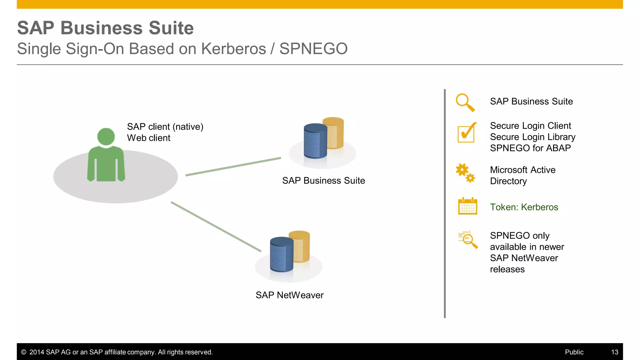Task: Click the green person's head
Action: pos(106,137)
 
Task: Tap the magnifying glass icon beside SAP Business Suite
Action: pos(465,102)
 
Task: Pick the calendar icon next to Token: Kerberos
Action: pos(467,206)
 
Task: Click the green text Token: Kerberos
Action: pos(524,207)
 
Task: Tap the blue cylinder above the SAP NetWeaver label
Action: pos(282,254)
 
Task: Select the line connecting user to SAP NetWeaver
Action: pos(216,227)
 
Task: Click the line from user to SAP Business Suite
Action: pos(233,167)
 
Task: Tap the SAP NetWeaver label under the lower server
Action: pos(289,295)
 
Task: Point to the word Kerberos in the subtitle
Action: pos(233,49)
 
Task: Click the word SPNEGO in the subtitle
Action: pos(313,49)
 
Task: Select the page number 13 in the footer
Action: pos(615,352)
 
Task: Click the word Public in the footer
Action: pos(574,352)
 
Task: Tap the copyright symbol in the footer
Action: pos(23,352)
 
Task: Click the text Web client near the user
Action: pos(149,138)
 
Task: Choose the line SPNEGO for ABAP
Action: pos(530,148)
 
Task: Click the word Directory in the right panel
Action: pos(508,181)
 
